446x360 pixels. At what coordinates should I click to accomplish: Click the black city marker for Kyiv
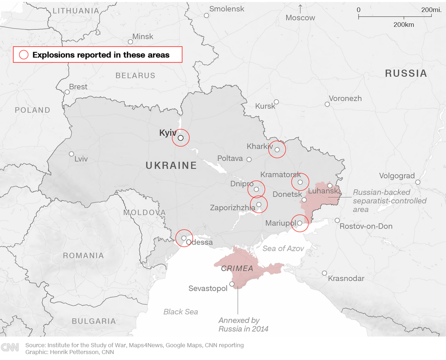coord(181,138)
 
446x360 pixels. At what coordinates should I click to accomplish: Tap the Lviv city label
coord(81,159)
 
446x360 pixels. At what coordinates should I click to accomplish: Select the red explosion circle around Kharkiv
coord(277,149)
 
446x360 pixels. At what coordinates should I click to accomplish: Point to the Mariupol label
coord(280,223)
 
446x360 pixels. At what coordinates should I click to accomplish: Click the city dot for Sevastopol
coord(232,284)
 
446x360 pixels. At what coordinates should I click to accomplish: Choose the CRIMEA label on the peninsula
coord(237,269)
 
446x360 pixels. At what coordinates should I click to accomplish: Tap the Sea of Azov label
coord(283,248)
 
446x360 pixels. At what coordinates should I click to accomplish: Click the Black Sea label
coord(180,312)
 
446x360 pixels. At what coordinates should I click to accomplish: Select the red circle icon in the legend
coord(24,55)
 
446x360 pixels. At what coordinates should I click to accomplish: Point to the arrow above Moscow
coord(300,8)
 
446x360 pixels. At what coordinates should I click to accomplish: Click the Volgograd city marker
coord(418,182)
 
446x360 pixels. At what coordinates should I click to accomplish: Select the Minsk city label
coord(143,37)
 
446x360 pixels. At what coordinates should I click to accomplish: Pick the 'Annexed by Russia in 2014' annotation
coord(243,325)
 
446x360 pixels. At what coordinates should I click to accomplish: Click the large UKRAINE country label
coord(171,165)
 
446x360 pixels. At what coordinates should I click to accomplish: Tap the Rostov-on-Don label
coord(366,226)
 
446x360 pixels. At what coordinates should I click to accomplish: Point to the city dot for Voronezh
coord(327,104)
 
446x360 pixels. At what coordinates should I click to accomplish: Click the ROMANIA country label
coord(83,256)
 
